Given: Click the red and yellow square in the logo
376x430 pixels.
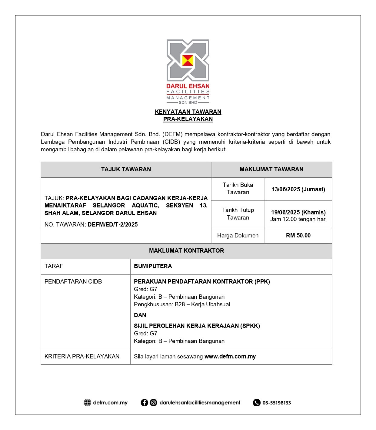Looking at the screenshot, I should pyautogui.click(x=188, y=60).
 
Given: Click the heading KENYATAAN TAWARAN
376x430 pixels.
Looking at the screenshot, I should pyautogui.click(x=188, y=112).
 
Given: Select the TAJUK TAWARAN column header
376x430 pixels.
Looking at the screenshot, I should pyautogui.click(x=126, y=170).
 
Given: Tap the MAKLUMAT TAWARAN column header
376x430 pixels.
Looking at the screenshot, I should pyautogui.click(x=271, y=170).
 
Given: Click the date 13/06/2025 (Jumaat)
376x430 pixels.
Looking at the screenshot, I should pyautogui.click(x=298, y=189).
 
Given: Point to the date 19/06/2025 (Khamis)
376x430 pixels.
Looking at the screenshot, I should pyautogui.click(x=298, y=212).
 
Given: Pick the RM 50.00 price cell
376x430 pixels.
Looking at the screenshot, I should pyautogui.click(x=298, y=236).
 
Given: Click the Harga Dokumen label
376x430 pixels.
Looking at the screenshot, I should pyautogui.click(x=238, y=236).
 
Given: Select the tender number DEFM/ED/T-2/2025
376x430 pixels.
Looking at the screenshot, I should pyautogui.click(x=113, y=225).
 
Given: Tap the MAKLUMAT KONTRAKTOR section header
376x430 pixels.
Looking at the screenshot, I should pyautogui.click(x=186, y=251).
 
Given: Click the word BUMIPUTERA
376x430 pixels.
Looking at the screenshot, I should pyautogui.click(x=153, y=266).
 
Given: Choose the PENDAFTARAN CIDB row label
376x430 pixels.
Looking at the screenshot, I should pyautogui.click(x=73, y=282).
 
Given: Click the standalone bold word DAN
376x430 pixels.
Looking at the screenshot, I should pyautogui.click(x=140, y=315).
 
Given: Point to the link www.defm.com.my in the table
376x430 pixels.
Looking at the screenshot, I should pyautogui.click(x=230, y=357).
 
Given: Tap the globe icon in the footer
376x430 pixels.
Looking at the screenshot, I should pyautogui.click(x=87, y=403).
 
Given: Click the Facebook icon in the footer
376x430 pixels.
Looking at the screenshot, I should pyautogui.click(x=144, y=403).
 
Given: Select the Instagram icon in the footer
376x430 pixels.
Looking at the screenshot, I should pyautogui.click(x=154, y=403).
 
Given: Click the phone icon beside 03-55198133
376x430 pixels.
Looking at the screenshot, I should pyautogui.click(x=257, y=403).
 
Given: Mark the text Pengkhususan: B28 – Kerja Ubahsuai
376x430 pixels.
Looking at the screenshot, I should pyautogui.click(x=182, y=304).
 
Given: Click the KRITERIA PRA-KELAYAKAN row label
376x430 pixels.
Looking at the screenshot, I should pyautogui.click(x=82, y=357).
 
